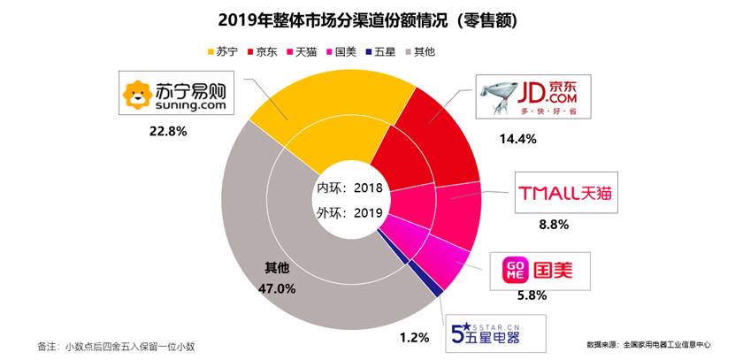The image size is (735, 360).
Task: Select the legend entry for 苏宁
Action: [221, 51]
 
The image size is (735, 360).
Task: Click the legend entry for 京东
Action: [263, 51]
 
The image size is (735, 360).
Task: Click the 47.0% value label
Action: [279, 288]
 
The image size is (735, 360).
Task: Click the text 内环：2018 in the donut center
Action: [348, 188]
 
